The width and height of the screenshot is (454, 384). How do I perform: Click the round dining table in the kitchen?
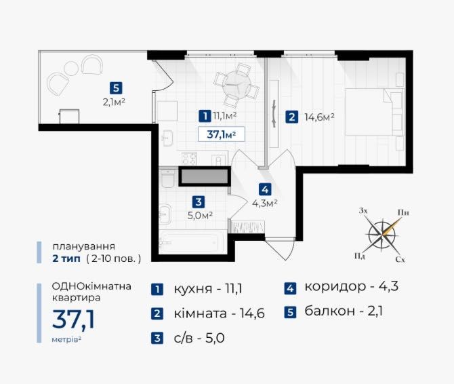coord(236,84)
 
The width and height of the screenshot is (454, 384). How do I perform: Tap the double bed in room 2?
coord(374,111)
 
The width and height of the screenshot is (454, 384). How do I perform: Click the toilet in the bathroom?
coord(167,178)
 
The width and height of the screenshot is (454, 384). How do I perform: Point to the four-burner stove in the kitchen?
coord(189,159)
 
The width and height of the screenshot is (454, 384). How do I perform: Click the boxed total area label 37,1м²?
coord(222,134)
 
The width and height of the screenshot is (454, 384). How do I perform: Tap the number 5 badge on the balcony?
coord(116,88)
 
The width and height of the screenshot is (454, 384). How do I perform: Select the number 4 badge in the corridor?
coord(265,189)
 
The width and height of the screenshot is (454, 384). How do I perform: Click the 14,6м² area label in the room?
coord(320,117)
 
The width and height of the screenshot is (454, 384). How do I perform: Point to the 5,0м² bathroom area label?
coord(201,215)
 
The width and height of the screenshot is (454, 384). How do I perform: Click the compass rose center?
coord(382,234)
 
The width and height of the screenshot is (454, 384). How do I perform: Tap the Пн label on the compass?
coord(403,212)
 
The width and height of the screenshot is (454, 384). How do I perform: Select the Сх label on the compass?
coord(400,260)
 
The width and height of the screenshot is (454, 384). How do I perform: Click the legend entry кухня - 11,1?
coord(208,289)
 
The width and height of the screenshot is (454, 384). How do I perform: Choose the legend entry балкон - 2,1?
coord(344,311)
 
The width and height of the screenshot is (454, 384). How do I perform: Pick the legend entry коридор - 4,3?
coord(351,286)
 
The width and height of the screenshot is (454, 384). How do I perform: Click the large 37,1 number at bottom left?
coord(74,320)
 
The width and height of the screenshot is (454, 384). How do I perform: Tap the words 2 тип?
coord(66,258)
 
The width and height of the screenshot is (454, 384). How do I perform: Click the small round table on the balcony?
coord(71,69)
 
